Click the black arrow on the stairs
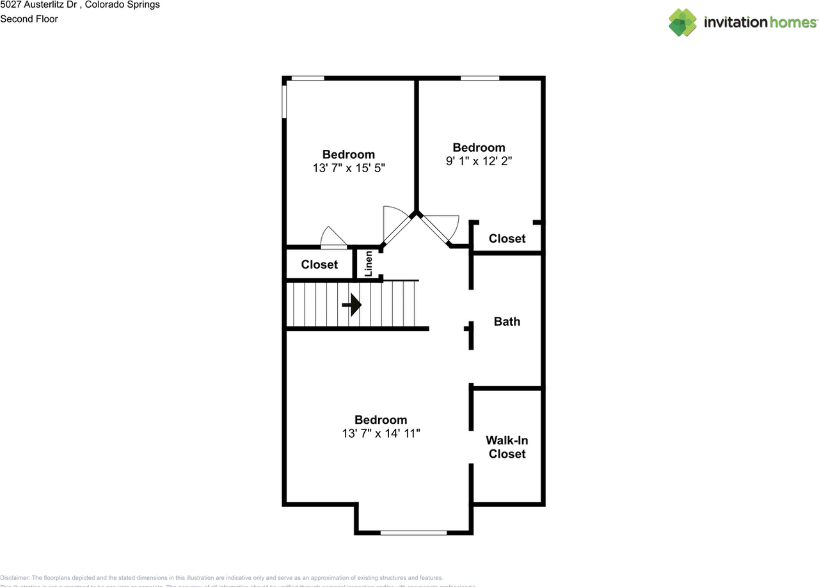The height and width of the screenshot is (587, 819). click(x=353, y=305)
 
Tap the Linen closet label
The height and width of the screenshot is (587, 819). click(x=369, y=264)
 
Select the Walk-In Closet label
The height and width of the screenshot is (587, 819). click(x=507, y=447)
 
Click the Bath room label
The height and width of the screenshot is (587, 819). click(x=507, y=321)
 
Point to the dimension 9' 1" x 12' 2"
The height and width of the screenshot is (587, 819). click(x=479, y=161)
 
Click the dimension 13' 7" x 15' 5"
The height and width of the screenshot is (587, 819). click(x=349, y=168)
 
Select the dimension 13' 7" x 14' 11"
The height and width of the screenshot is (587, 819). click(x=381, y=434)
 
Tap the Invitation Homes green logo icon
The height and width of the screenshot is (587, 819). click(x=683, y=22)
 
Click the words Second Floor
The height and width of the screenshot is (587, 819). click(x=29, y=19)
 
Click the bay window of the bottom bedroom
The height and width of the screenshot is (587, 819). click(x=413, y=532)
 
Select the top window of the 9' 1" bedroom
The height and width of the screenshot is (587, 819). click(x=480, y=78)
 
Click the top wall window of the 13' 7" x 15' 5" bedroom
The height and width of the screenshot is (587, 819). click(x=308, y=78)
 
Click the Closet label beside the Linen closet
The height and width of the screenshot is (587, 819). click(x=319, y=264)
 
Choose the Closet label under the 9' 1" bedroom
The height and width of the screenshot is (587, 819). click(x=507, y=238)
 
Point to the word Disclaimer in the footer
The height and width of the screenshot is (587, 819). click(x=15, y=577)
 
